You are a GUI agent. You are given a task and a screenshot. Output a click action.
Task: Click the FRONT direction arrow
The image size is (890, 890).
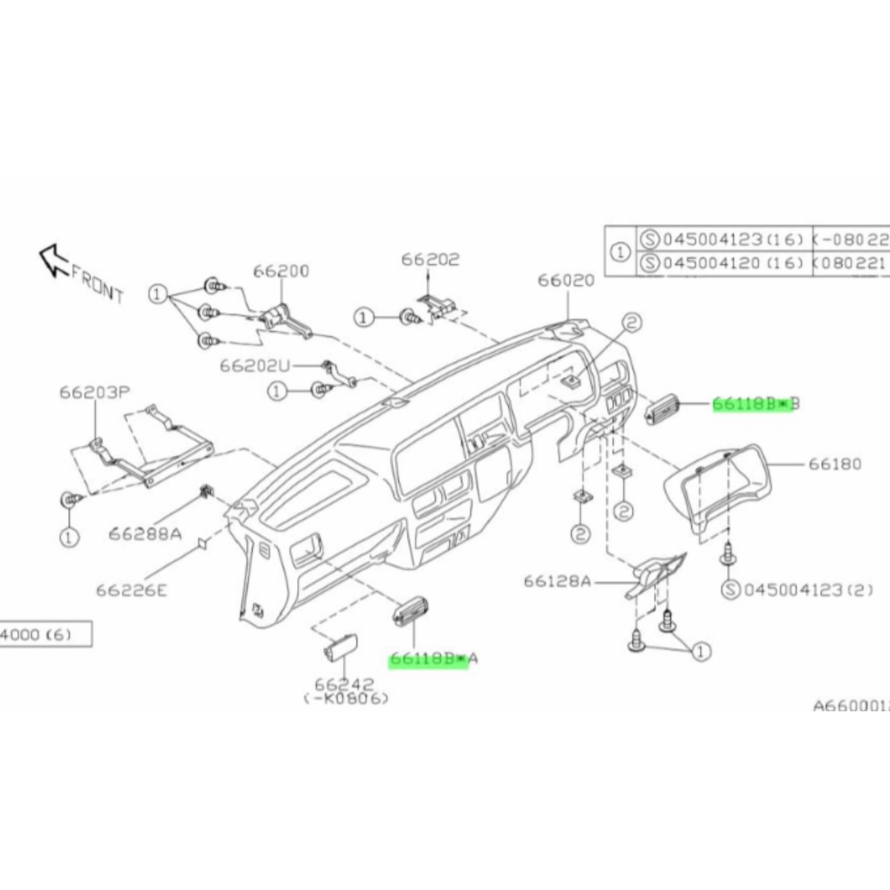[54, 260]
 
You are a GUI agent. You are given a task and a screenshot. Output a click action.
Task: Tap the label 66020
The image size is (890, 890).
[566, 280]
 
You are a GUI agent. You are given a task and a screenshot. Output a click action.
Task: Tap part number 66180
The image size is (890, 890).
[835, 464]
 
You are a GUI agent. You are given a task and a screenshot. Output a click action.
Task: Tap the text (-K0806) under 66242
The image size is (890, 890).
[346, 699]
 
